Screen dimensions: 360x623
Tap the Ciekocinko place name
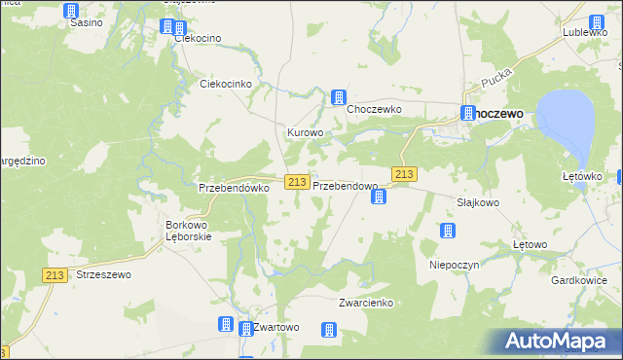pos(226,84)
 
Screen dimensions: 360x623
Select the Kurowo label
pos(304,132)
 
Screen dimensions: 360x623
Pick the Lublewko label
pos(584,32)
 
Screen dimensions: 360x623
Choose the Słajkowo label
pos(478,203)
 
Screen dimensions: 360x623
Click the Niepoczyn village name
pos(450,264)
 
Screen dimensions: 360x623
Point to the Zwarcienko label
pos(365,303)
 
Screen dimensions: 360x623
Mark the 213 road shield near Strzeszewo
pos(55,276)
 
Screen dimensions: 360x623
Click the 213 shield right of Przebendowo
pos(405,174)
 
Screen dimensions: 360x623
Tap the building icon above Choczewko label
pos(339,96)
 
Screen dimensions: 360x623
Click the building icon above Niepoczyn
pos(447,231)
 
